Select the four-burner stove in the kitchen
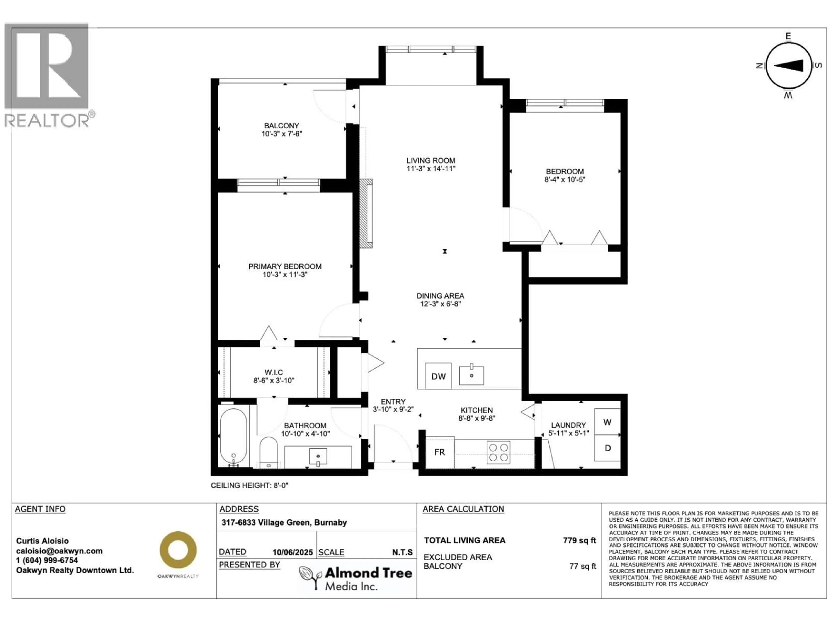pyautogui.click(x=498, y=452)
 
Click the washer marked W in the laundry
pyautogui.click(x=607, y=422)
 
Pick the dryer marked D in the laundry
pyautogui.click(x=607, y=448)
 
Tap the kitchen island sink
pyautogui.click(x=471, y=375)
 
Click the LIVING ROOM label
pyautogui.click(x=431, y=160)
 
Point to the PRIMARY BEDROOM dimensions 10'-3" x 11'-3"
pyautogui.click(x=285, y=275)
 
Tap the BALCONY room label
pyautogui.click(x=282, y=126)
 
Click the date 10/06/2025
pyautogui.click(x=293, y=552)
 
